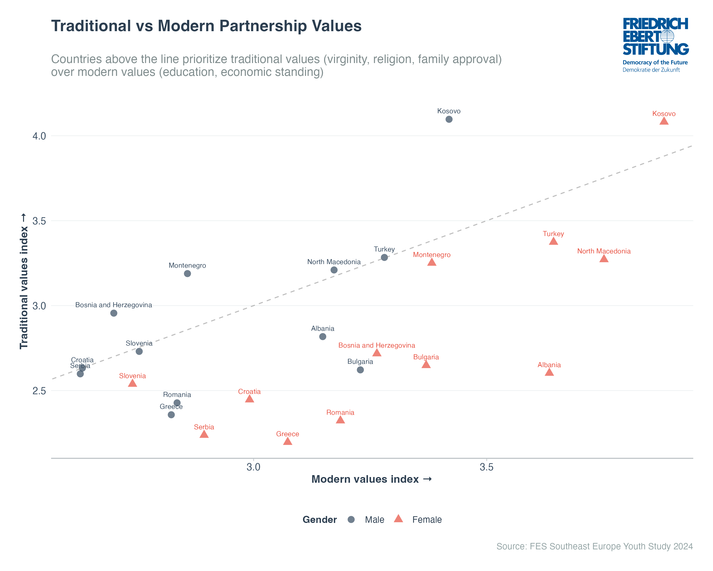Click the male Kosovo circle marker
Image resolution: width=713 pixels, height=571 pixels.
point(449,119)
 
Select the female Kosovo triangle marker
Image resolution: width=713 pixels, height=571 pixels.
point(664,121)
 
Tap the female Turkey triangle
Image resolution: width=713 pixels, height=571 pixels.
point(553,241)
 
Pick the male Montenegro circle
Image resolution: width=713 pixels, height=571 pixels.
point(187,273)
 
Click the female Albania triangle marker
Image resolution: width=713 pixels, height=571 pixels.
point(549,372)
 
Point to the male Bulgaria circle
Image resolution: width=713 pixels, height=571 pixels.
point(360,370)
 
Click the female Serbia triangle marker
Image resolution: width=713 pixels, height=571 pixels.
point(204,434)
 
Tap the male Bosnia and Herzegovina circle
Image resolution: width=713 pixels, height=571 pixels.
point(113,313)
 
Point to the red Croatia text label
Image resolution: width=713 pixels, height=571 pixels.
point(249,391)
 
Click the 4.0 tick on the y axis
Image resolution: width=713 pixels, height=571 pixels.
point(39,136)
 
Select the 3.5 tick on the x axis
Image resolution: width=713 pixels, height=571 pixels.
point(487,467)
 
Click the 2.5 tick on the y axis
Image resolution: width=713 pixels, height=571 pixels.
point(39,391)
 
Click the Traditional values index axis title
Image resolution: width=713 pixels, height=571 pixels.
point(24,281)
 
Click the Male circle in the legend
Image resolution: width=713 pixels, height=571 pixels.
point(351,519)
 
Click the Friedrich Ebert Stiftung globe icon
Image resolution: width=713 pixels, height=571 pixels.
point(667,36)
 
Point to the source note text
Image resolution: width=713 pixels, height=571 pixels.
point(594,546)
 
